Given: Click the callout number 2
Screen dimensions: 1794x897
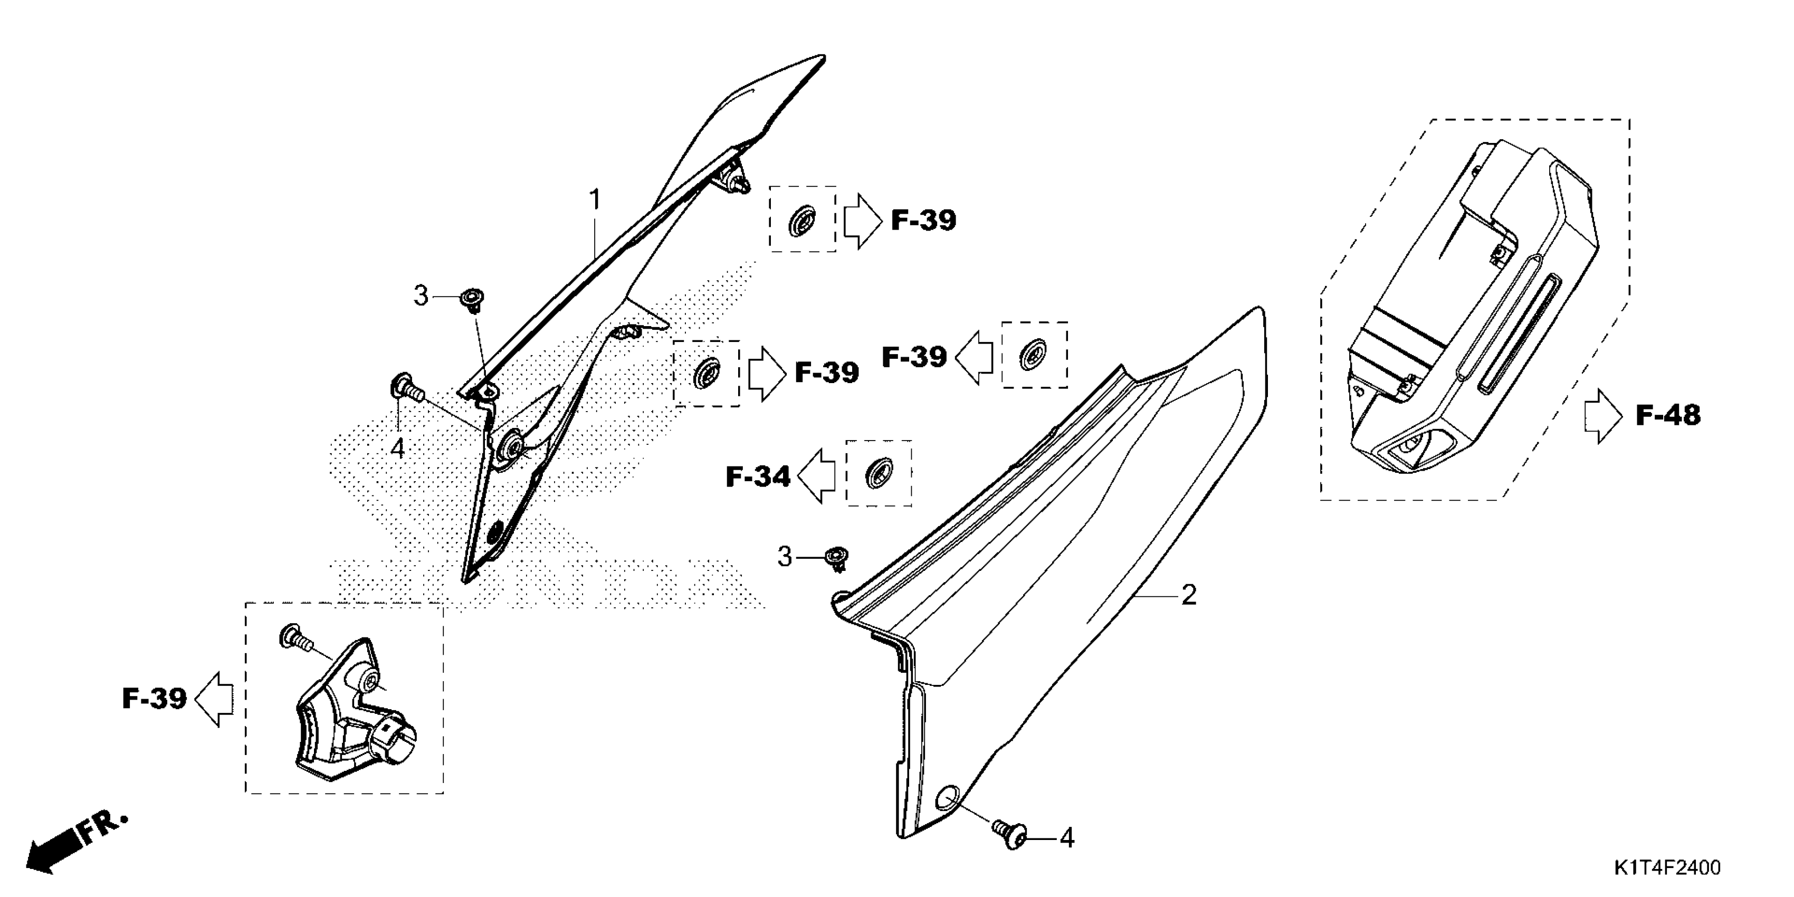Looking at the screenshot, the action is coord(1189,595).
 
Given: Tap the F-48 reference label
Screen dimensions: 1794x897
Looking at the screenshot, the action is coord(1667,416).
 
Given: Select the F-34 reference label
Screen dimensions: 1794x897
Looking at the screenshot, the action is coord(758,477).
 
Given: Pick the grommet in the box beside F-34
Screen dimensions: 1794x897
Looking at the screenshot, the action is coord(877,474).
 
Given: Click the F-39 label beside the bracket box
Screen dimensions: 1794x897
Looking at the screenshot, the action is coord(154,699).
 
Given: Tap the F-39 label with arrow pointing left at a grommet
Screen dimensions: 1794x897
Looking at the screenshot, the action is coord(914,357).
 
